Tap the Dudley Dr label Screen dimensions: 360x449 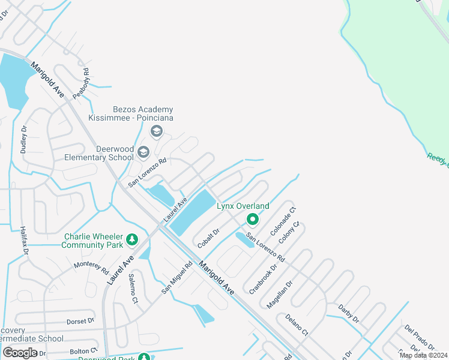(x=23, y=140)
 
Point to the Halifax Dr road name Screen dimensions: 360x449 (x=25, y=236)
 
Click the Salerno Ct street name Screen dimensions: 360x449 (x=133, y=288)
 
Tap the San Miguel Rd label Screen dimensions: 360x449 (x=176, y=277)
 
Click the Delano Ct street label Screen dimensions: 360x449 (x=297, y=325)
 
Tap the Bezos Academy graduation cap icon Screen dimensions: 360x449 (x=157, y=131)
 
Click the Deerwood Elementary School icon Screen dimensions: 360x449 (x=143, y=152)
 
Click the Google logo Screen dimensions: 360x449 (x=20, y=353)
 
